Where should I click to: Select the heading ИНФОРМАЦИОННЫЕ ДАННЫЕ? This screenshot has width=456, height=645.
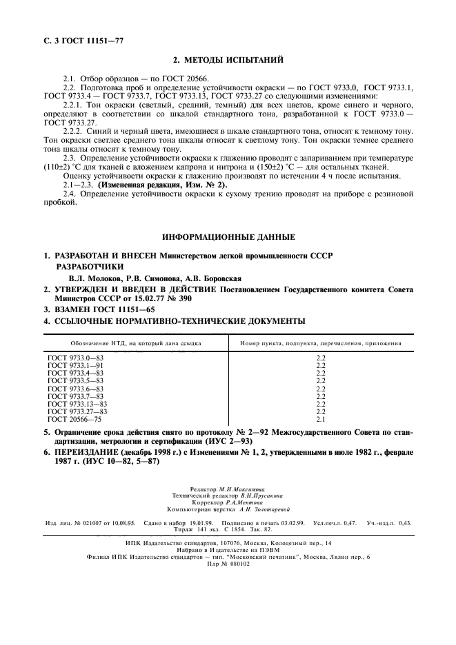click(x=228, y=237)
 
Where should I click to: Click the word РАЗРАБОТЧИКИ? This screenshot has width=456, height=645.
click(x=90, y=266)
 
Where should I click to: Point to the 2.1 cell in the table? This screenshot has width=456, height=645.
click(x=319, y=418)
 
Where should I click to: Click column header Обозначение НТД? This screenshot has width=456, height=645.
click(x=136, y=342)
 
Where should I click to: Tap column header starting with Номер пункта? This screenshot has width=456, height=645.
click(x=320, y=342)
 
